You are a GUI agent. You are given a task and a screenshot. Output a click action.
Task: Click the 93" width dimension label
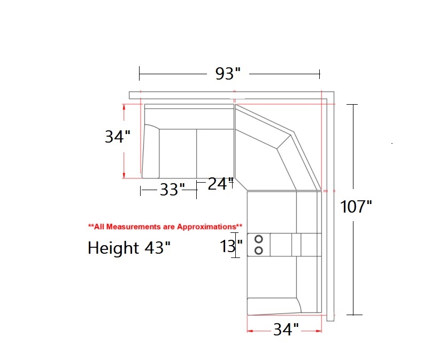pos(228,74)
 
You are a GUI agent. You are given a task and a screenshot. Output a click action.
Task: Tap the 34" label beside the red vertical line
pos(117,137)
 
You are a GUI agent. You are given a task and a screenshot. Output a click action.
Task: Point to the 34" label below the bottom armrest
pos(286,330)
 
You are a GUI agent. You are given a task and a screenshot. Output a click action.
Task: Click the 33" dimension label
pos(172,190)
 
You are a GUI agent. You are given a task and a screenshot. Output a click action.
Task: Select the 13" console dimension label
pos(231,246)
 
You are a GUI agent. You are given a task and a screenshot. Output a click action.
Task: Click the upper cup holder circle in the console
pos(259,239)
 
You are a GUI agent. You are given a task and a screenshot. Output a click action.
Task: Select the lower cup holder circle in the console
pos(259,251)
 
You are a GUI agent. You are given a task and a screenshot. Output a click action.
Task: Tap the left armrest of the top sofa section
pos(151,152)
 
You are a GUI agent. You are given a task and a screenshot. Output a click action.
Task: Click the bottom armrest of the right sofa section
pos(272,306)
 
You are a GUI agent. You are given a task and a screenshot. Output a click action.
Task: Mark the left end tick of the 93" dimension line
pos(140,73)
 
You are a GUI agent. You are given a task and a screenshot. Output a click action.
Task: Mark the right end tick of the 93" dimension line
pos(320,73)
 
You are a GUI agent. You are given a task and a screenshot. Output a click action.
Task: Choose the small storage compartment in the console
pos(296,245)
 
